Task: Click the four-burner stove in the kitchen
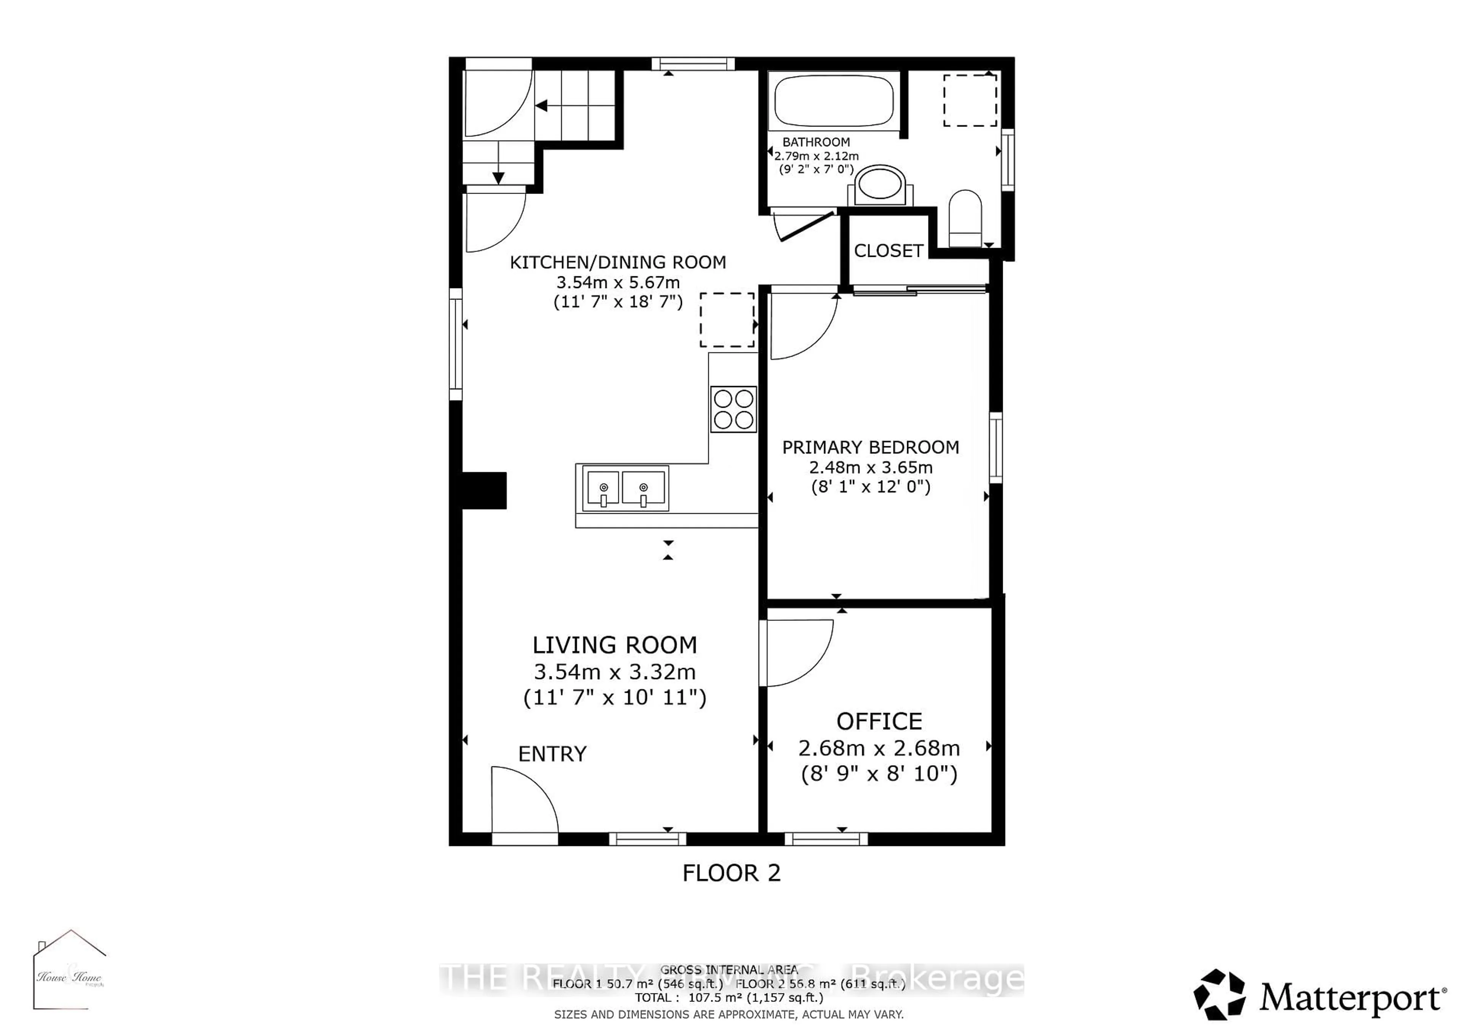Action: (733, 409)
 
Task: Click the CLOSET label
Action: (888, 251)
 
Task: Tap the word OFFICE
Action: (879, 721)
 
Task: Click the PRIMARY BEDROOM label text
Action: (871, 447)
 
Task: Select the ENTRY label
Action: (552, 754)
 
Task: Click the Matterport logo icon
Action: (1219, 995)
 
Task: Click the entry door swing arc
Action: (529, 797)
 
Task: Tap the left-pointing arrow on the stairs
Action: (542, 106)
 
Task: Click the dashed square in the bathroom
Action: (970, 100)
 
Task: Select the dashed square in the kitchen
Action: (727, 320)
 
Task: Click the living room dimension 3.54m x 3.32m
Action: (614, 672)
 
